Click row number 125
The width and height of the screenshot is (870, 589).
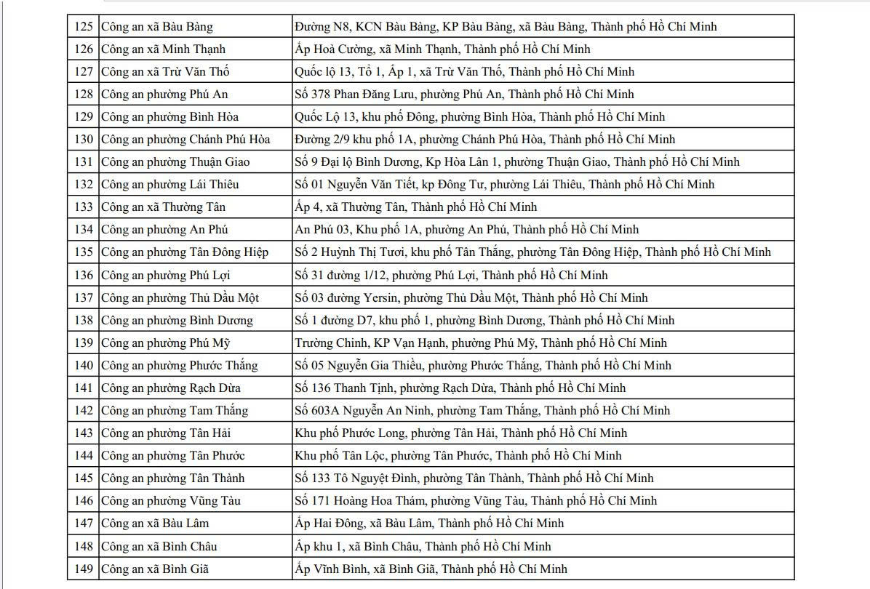tap(84, 27)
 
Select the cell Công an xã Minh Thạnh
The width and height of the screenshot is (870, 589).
tap(163, 49)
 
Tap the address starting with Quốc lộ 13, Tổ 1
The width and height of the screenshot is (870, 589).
tap(464, 72)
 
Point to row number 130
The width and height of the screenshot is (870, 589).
tap(84, 140)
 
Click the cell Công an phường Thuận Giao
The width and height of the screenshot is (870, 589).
tap(172, 162)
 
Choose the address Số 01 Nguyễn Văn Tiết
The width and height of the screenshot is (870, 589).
tap(504, 185)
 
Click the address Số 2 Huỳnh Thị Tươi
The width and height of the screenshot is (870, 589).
tap(532, 252)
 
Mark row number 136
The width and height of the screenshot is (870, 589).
tap(84, 275)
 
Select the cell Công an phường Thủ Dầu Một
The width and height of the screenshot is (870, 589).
tap(180, 297)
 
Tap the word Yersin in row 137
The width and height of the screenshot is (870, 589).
tap(379, 297)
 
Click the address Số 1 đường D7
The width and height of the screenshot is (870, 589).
tap(484, 320)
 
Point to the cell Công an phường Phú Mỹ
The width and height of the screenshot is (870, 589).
tap(165, 342)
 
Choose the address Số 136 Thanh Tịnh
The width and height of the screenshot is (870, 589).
tap(460, 388)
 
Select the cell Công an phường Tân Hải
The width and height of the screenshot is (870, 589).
tap(166, 433)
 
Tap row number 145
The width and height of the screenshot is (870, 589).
tap(84, 478)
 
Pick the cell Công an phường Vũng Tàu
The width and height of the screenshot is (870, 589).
tap(170, 500)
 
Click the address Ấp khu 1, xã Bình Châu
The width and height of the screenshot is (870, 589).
tap(423, 546)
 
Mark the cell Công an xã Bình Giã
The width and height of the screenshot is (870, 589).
tap(154, 569)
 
